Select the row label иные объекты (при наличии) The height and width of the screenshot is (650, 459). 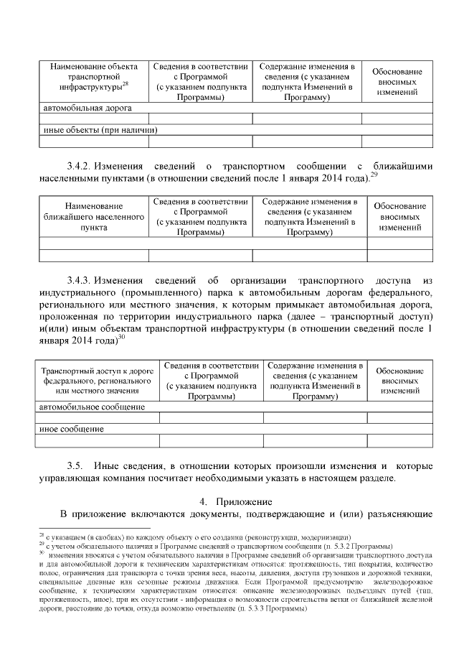coord(99,130)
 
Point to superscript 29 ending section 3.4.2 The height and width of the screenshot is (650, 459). coord(374,175)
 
